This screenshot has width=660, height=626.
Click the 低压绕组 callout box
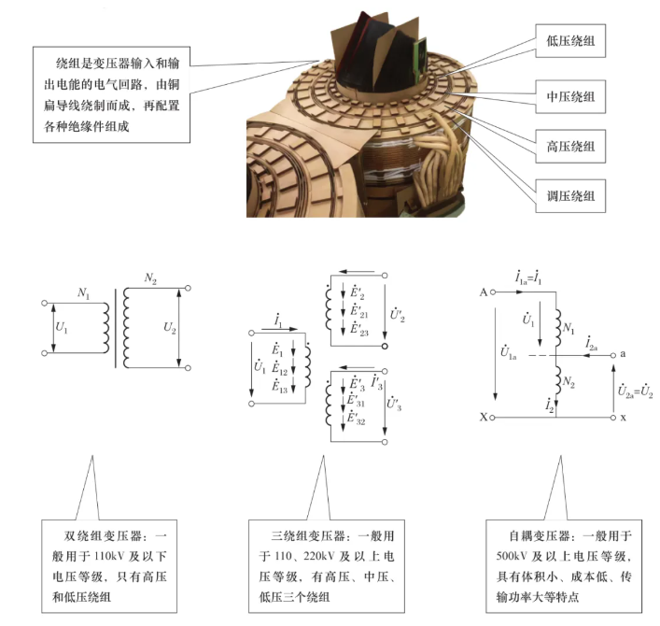pyautogui.click(x=570, y=40)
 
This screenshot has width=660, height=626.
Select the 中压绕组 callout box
pyautogui.click(x=570, y=96)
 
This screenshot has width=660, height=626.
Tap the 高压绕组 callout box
pyautogui.click(x=570, y=146)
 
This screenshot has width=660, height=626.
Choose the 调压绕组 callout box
pyautogui.click(x=570, y=196)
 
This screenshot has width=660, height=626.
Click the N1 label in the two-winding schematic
pyautogui.click(x=84, y=292)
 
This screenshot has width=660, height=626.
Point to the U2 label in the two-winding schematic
pyautogui.click(x=170, y=328)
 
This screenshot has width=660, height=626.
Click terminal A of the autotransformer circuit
pyautogui.click(x=484, y=292)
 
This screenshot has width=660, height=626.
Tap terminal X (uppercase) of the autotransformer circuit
pyautogui.click(x=484, y=417)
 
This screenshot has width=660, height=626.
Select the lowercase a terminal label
pyautogui.click(x=623, y=354)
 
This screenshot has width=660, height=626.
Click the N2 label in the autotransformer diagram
pyautogui.click(x=569, y=382)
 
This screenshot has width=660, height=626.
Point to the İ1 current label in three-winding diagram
pyautogui.click(x=278, y=320)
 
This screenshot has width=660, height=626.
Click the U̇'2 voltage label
pyautogui.click(x=398, y=314)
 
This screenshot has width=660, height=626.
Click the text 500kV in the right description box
pyautogui.click(x=512, y=556)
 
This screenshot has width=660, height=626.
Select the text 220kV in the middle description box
pyautogui.click(x=318, y=556)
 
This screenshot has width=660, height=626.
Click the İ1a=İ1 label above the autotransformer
pyautogui.click(x=528, y=277)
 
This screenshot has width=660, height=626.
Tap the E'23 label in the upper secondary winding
pyautogui.click(x=359, y=329)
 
